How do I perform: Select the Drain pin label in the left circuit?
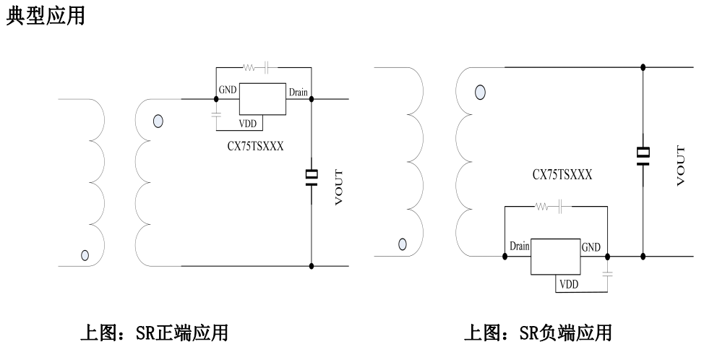click(298, 92)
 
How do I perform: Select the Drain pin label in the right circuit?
click(519, 247)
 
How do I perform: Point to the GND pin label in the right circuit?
click(591, 247)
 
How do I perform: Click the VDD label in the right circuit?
click(567, 284)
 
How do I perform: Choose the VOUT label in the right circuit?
click(680, 166)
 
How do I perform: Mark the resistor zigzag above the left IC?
click(249, 68)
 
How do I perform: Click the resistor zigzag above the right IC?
click(541, 206)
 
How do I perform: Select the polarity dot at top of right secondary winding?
click(479, 93)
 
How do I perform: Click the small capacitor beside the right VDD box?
click(607, 274)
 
